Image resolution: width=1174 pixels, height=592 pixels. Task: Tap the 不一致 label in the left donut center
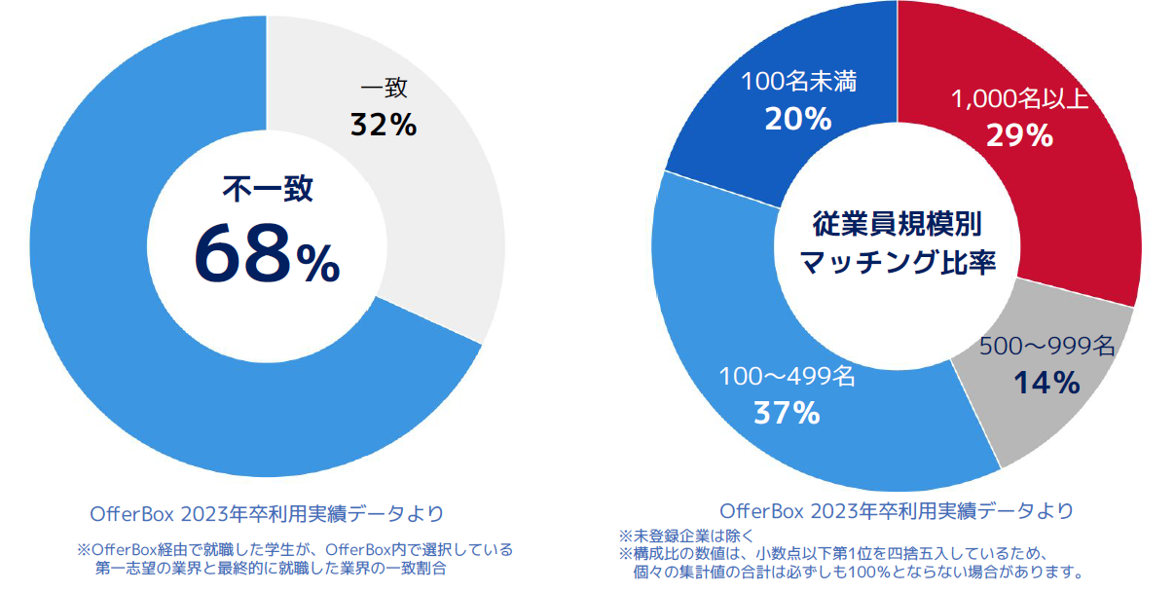click(x=268, y=189)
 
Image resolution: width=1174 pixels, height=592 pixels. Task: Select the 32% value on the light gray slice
click(x=384, y=126)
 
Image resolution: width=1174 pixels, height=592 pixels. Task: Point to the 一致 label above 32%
click(x=384, y=89)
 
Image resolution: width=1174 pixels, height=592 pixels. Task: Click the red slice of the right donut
click(x=1071, y=214)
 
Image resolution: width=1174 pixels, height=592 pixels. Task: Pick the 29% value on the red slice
click(x=1019, y=135)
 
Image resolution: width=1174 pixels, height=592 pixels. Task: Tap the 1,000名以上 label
click(x=1020, y=100)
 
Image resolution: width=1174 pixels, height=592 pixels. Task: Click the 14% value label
click(x=1046, y=384)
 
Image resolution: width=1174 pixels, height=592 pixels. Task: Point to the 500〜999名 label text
click(x=1046, y=347)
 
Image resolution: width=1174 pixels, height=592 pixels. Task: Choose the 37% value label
click(x=787, y=413)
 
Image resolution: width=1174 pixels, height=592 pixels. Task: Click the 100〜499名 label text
click(x=787, y=377)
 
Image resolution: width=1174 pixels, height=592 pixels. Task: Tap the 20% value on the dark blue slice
click(x=798, y=119)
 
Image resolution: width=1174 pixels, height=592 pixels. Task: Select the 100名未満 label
click(x=798, y=83)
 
